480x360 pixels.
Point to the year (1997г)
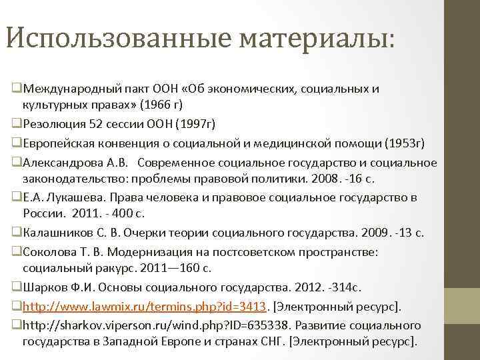click(x=196, y=123)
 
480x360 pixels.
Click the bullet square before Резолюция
click(x=17, y=124)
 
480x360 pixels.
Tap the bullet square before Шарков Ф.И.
click(x=17, y=288)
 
